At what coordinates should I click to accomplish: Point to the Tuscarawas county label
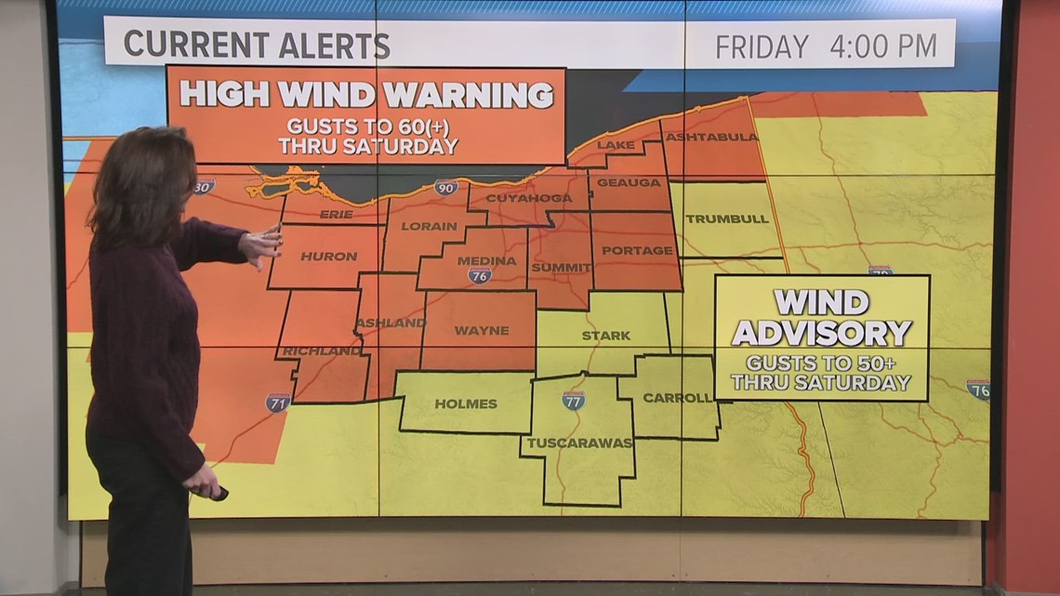click(x=579, y=443)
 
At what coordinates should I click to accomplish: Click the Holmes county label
click(x=466, y=404)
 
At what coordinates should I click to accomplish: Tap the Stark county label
click(x=605, y=335)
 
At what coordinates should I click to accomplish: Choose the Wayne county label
click(x=482, y=330)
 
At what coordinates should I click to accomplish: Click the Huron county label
click(x=328, y=256)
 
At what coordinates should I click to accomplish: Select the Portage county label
click(x=637, y=250)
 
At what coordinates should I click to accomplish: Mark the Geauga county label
click(x=629, y=182)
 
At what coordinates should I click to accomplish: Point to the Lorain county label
click(x=429, y=226)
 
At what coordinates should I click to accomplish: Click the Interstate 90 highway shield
click(x=446, y=188)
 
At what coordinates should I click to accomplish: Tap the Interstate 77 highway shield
click(x=573, y=401)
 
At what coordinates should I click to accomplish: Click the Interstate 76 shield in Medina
click(x=480, y=275)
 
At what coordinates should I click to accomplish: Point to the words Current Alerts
click(x=257, y=45)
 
